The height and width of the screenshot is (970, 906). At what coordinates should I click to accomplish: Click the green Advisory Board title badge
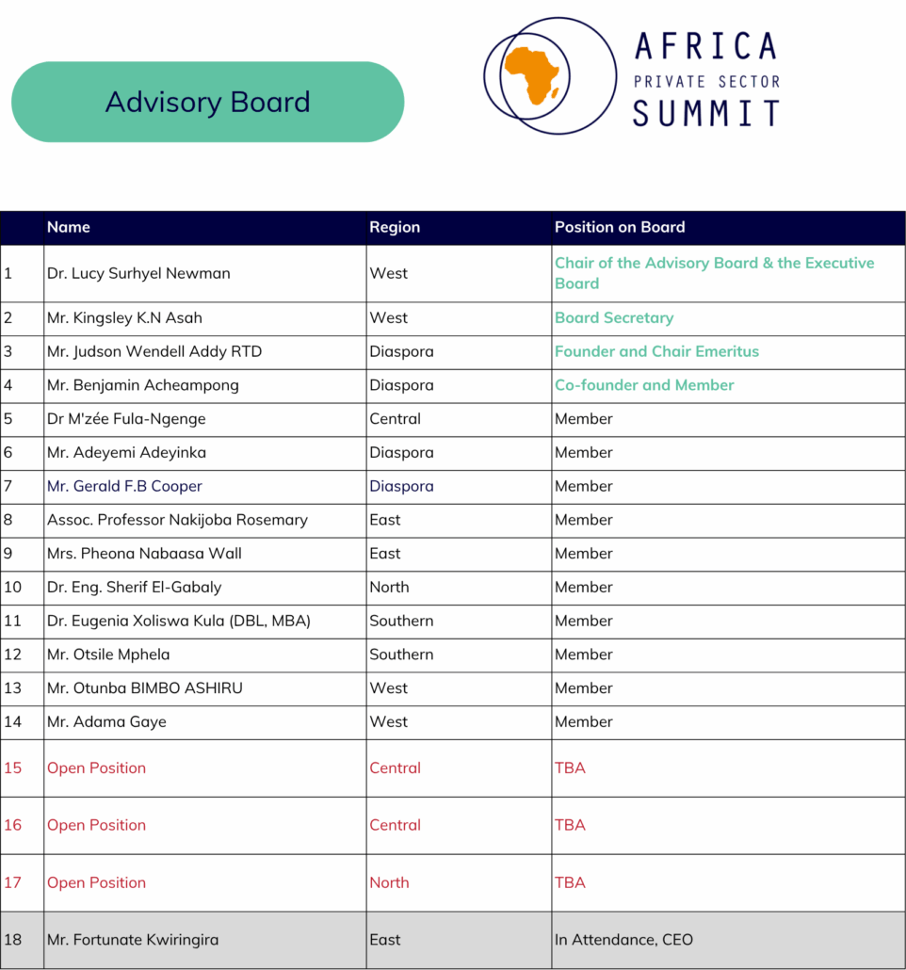pyautogui.click(x=207, y=102)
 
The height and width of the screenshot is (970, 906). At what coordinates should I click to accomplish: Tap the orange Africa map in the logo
pyautogui.click(x=531, y=73)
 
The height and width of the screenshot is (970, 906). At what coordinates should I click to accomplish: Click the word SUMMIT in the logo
pyautogui.click(x=705, y=113)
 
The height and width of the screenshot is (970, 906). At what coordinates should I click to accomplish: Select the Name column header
pyautogui.click(x=69, y=227)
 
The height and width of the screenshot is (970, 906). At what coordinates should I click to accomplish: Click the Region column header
pyautogui.click(x=395, y=227)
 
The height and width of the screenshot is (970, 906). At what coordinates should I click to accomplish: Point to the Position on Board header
pyautogui.click(x=620, y=227)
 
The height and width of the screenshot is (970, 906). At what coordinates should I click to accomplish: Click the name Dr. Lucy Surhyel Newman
pyautogui.click(x=138, y=273)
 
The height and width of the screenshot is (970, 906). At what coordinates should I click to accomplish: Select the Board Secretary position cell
pyautogui.click(x=614, y=318)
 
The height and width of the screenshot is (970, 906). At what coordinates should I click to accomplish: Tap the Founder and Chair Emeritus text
pyautogui.click(x=656, y=351)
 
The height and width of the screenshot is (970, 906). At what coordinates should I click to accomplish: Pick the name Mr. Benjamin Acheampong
pyautogui.click(x=143, y=385)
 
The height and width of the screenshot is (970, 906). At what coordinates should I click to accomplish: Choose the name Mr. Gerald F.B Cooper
pyautogui.click(x=124, y=486)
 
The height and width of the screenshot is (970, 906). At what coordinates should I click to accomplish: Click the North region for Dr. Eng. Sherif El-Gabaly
pyautogui.click(x=389, y=587)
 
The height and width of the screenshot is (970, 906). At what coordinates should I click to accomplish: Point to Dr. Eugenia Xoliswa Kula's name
pyautogui.click(x=179, y=621)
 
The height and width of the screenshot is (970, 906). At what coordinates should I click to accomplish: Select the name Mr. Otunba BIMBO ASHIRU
pyautogui.click(x=145, y=688)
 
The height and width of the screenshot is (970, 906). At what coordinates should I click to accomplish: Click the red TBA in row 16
pyautogui.click(x=570, y=825)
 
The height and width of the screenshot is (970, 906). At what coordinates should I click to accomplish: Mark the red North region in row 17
pyautogui.click(x=389, y=882)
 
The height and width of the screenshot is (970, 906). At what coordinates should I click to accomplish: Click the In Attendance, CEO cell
pyautogui.click(x=623, y=940)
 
